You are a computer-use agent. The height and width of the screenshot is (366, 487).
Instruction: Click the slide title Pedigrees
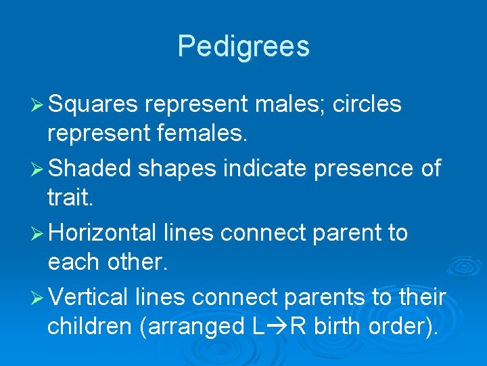[x=243, y=47]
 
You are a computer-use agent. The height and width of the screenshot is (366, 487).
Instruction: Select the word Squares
[x=93, y=105]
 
